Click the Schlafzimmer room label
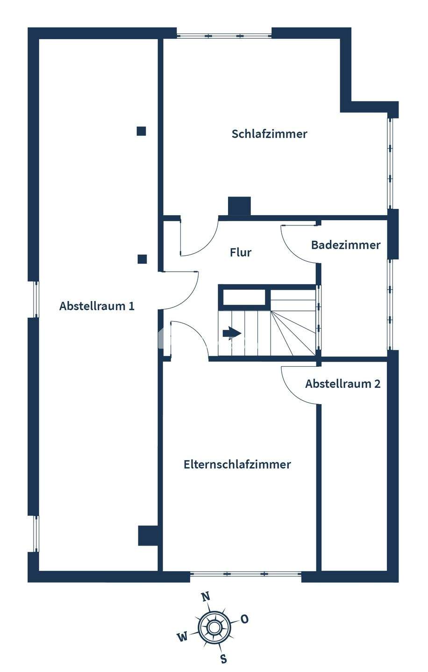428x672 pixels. point(270,134)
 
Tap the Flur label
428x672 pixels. point(241,252)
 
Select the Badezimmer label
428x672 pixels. point(346,245)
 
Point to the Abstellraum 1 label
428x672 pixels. point(97,306)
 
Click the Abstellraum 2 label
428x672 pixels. point(342,384)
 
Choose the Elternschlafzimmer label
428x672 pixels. point(237,464)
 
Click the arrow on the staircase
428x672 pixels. point(232,333)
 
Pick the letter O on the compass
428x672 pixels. point(244,619)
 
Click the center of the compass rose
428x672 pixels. point(214,627)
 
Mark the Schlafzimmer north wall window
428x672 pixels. point(224,35)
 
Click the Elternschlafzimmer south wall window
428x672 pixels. point(245,574)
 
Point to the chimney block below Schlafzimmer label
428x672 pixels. point(239,206)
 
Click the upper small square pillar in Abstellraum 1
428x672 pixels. point(141,131)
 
